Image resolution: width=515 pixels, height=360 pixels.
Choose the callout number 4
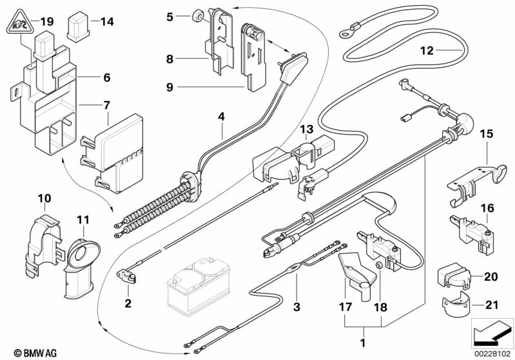(x=221, y=117)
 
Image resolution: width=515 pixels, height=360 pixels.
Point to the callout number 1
(x=364, y=341)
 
